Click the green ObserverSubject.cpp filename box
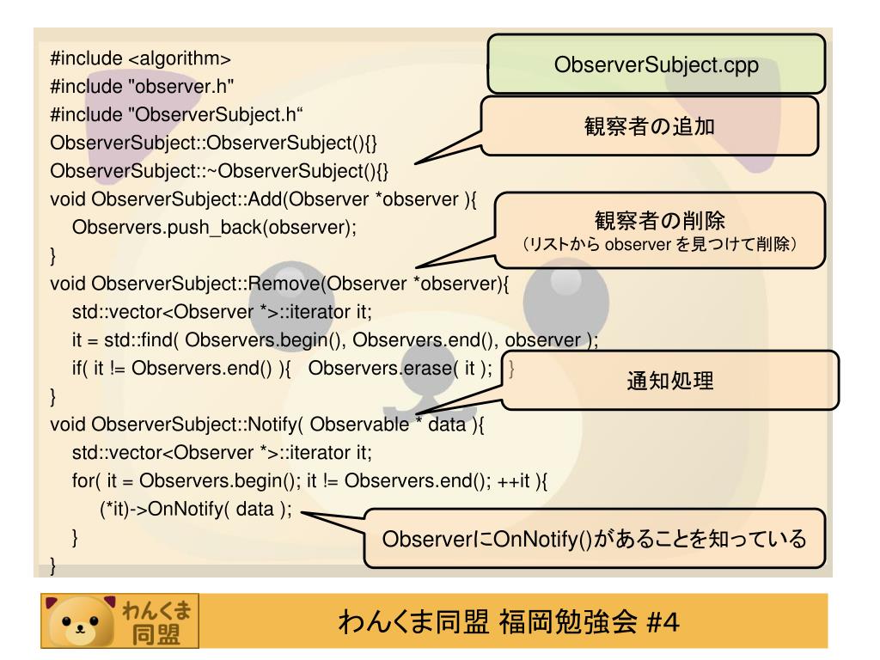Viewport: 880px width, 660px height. [x=657, y=64]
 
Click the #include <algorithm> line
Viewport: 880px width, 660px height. [x=141, y=60]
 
